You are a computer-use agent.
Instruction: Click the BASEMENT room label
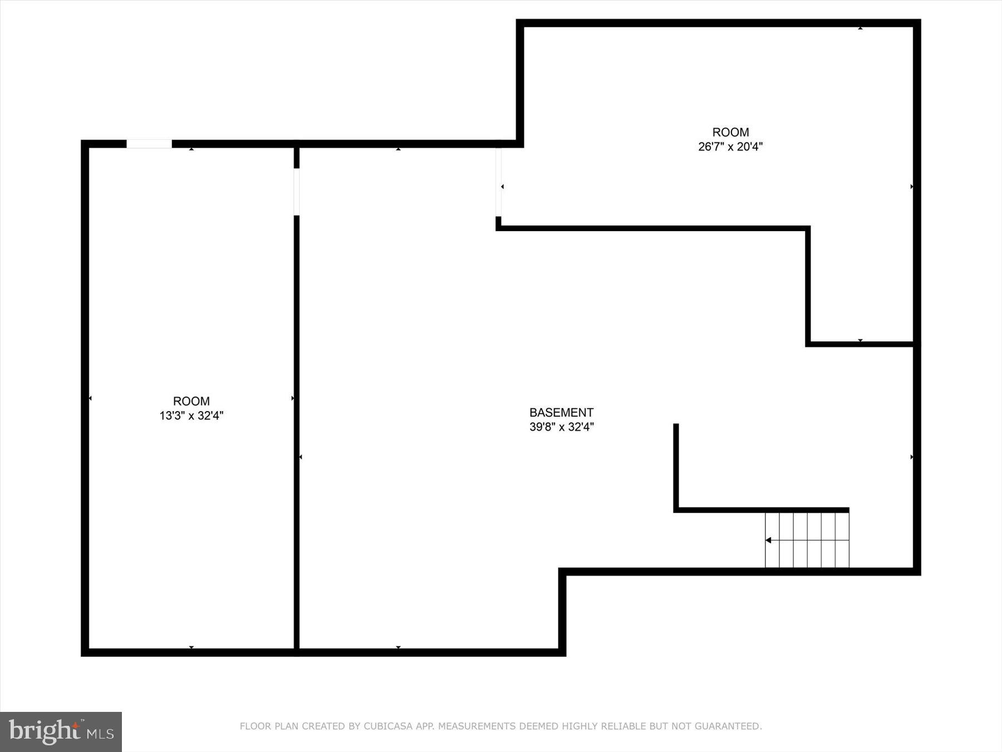561,412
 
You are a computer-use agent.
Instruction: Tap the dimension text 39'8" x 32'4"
561,427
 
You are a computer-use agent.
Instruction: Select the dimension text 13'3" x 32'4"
191,416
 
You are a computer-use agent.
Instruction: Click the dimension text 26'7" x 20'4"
730,147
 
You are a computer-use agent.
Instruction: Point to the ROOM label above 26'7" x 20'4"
730,132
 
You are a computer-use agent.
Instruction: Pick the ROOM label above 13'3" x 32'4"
191,401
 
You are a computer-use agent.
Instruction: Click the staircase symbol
807,540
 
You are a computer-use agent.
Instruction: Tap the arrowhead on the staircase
768,540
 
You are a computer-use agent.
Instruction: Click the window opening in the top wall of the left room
149,144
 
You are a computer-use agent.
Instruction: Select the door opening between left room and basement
297,192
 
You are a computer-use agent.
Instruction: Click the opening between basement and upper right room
498,182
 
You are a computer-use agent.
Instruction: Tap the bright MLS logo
61,731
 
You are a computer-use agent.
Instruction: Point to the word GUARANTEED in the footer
730,726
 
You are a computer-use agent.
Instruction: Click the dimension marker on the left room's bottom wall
191,647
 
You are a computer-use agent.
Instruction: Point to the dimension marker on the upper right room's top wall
860,27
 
